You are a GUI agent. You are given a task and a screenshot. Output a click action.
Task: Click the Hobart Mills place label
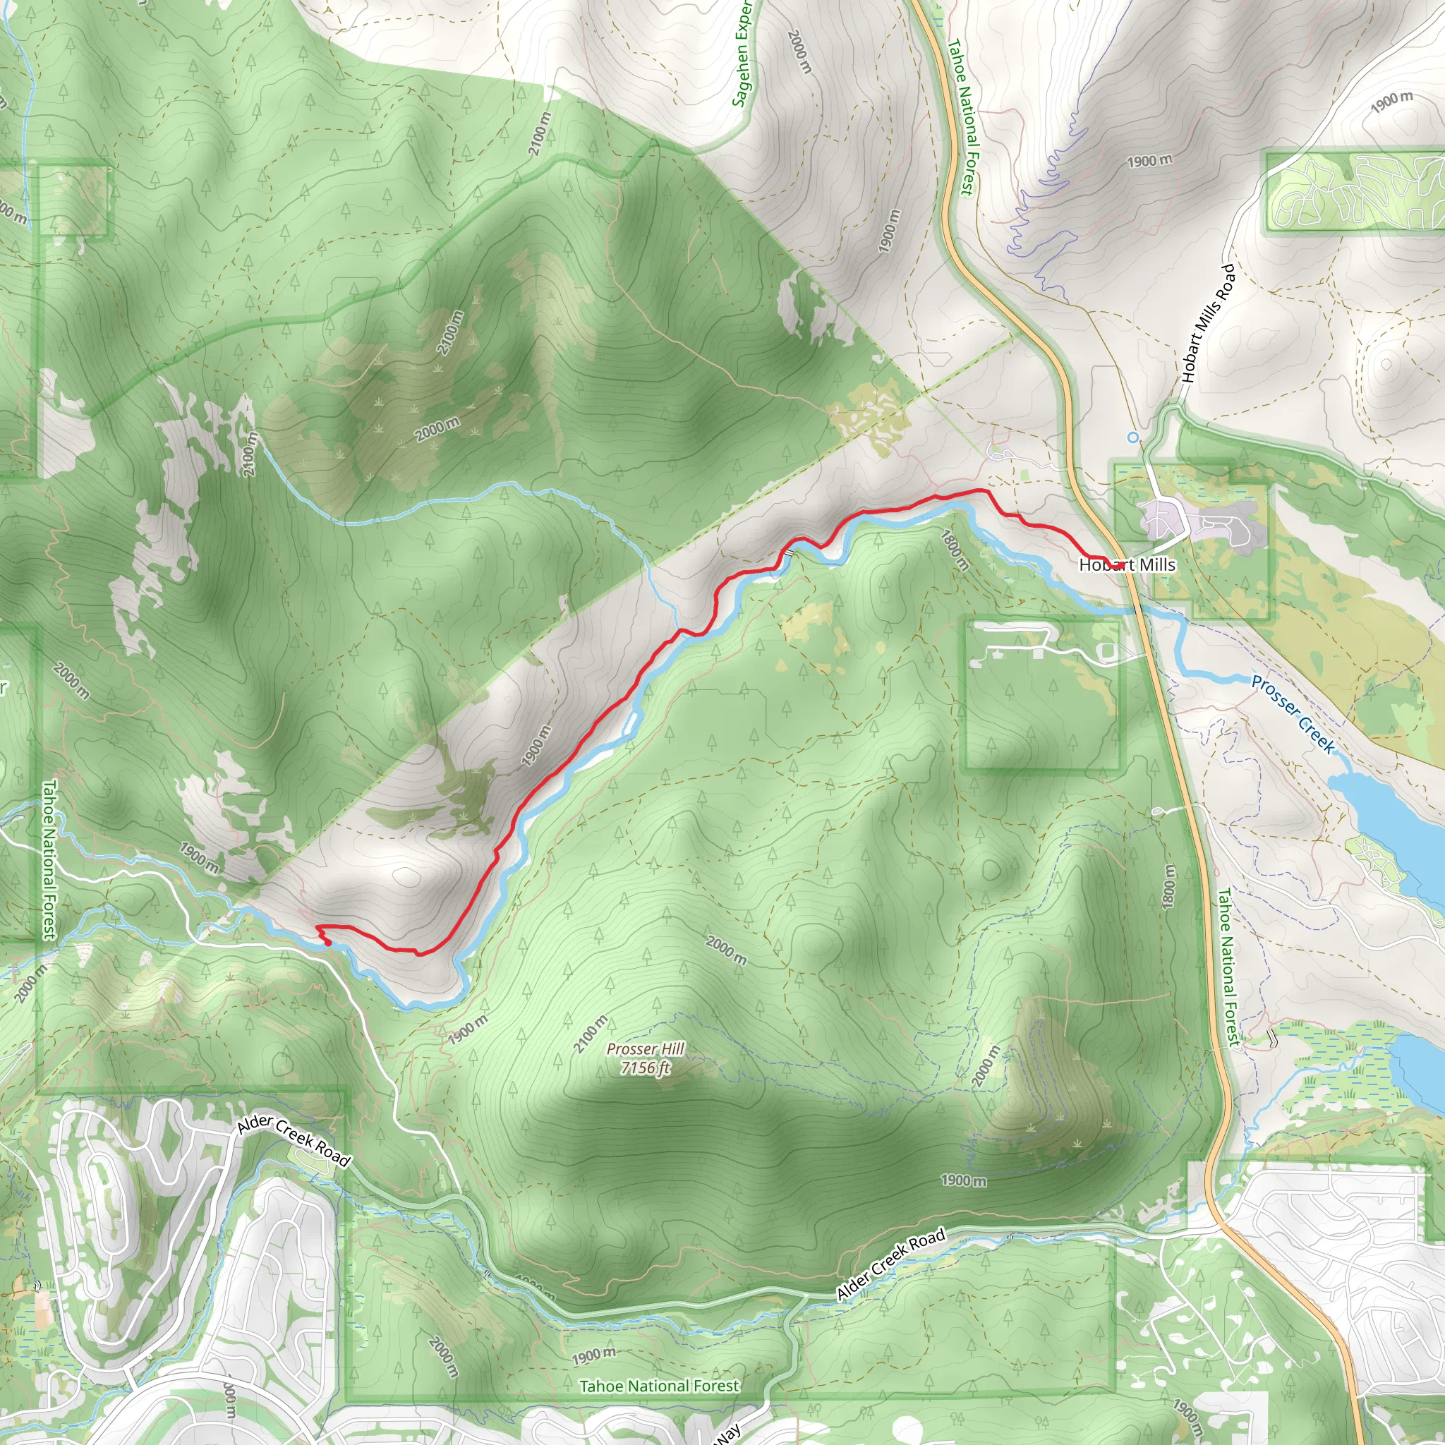(x=1126, y=564)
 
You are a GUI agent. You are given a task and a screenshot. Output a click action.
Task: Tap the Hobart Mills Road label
(x=1207, y=323)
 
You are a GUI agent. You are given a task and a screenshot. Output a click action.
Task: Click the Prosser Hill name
(x=645, y=1049)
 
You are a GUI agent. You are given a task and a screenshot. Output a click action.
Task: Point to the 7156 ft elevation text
(x=645, y=1068)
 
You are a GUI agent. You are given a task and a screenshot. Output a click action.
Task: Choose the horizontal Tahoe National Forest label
(x=659, y=1386)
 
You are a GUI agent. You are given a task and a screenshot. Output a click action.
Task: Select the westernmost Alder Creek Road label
(x=294, y=1142)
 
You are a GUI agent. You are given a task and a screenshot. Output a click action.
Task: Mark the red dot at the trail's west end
(x=327, y=943)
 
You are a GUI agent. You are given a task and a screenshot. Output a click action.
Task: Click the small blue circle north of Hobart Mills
(x=1133, y=437)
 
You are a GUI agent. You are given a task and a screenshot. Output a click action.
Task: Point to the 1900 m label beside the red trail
(x=536, y=746)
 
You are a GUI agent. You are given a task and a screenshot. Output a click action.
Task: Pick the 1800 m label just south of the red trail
(x=955, y=550)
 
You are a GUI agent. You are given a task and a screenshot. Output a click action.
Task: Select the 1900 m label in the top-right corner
(x=1391, y=102)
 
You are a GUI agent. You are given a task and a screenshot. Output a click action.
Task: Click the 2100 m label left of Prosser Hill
(x=590, y=1034)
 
